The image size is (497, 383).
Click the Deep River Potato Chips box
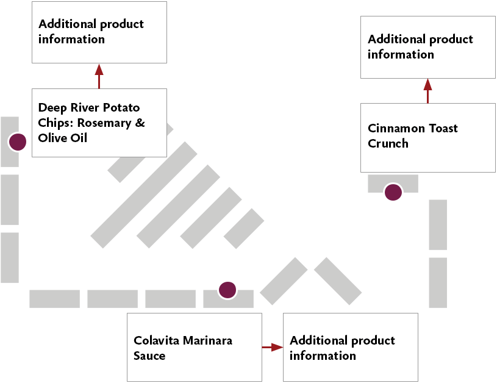[x=99, y=123]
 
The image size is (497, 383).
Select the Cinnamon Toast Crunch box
[x=427, y=137]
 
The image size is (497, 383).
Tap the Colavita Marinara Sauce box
[x=194, y=347]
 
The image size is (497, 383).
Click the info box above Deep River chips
[x=99, y=32]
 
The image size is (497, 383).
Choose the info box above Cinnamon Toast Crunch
[x=427, y=47]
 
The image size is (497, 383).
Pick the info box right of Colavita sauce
[x=350, y=347]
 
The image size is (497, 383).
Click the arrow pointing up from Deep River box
[x=99, y=76]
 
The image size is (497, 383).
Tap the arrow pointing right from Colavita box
[x=273, y=347]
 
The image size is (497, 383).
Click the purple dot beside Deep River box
[x=17, y=142]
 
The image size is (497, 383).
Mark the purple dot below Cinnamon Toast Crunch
[x=393, y=192]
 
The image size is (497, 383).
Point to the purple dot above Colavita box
[x=227, y=290]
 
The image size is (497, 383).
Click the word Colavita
[x=156, y=340]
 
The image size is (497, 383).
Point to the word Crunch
[x=388, y=144]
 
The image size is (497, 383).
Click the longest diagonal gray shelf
[x=144, y=195]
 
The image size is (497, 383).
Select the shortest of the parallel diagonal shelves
[x=244, y=228]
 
